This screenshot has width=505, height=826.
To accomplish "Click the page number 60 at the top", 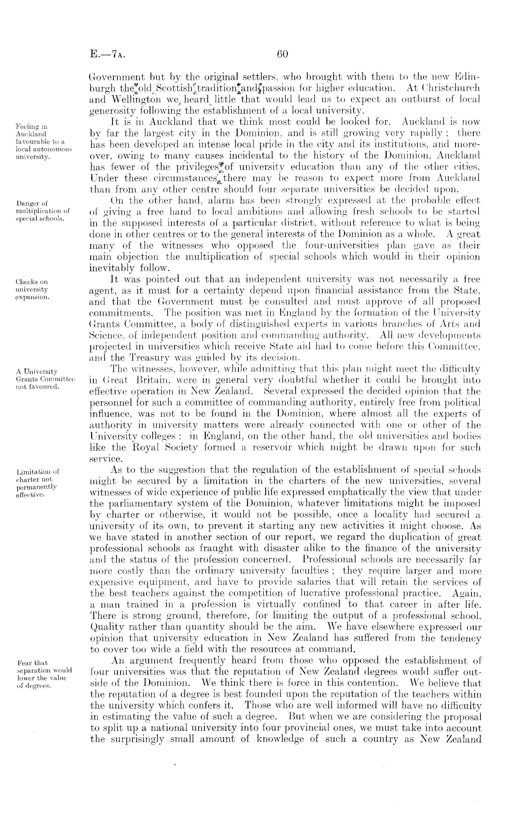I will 282,55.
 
